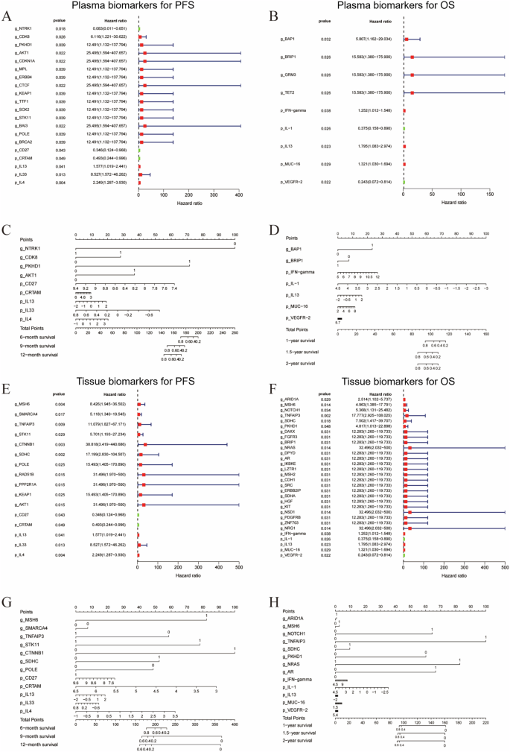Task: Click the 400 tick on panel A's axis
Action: point(239,195)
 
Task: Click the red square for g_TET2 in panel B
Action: point(412,92)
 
